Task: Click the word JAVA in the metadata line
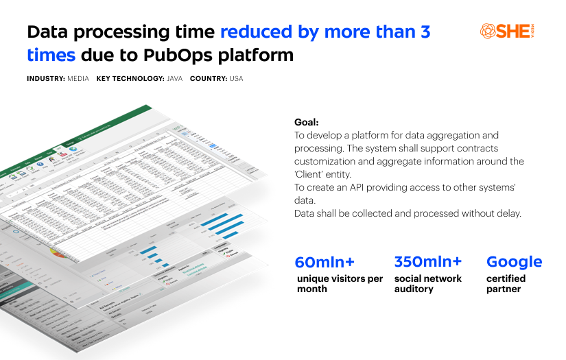pos(174,79)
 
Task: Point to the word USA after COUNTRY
pos(236,79)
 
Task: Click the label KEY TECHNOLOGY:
pos(130,79)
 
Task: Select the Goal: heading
pos(306,122)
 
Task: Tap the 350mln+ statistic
pos(428,261)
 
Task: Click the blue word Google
pos(514,262)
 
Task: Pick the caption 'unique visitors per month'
pos(340,284)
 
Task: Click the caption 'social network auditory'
pos(427,284)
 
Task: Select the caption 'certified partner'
pos(506,284)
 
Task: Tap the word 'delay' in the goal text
pos(507,213)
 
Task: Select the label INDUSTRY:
pos(45,79)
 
